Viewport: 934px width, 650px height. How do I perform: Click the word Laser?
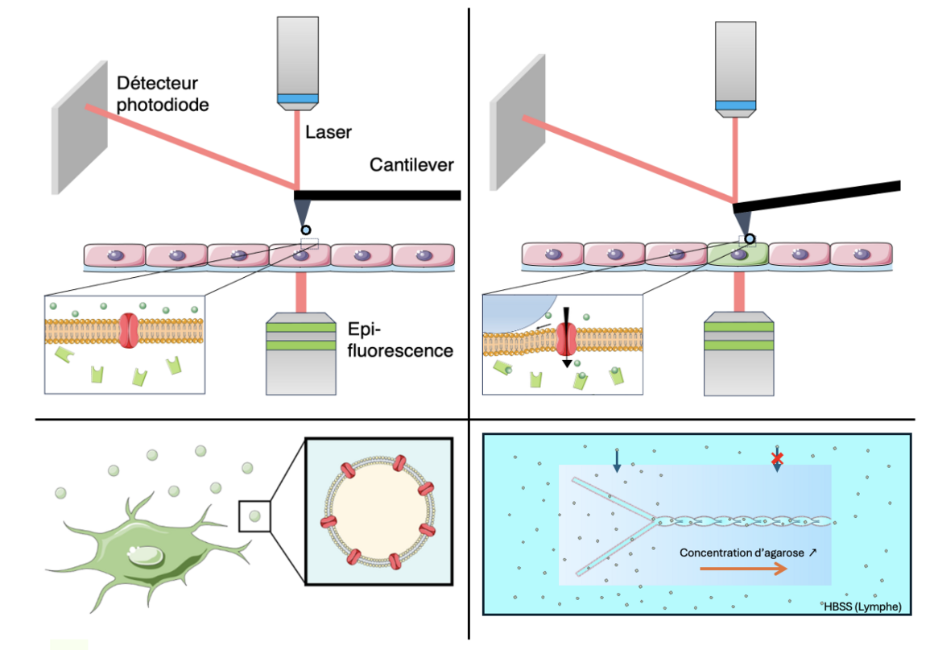click(330, 132)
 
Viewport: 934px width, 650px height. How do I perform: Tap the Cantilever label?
click(412, 165)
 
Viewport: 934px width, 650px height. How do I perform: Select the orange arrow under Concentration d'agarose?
click(742, 569)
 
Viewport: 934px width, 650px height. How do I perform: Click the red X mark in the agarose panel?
click(777, 458)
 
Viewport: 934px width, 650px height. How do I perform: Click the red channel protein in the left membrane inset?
click(129, 329)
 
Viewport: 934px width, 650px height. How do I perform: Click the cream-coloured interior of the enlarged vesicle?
click(374, 515)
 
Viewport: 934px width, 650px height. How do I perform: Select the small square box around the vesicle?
click(254, 515)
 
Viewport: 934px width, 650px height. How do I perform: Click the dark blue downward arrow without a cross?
click(617, 461)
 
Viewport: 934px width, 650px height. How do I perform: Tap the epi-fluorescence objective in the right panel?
click(739, 354)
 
